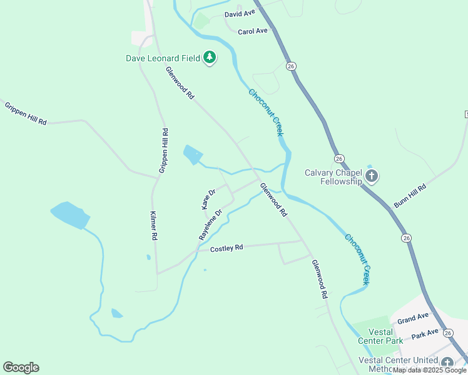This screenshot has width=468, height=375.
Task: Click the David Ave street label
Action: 240,13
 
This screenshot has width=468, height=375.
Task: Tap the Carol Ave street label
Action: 253,31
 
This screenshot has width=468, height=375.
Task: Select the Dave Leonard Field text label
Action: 163,58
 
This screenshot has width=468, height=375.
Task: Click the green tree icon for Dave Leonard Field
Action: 210,58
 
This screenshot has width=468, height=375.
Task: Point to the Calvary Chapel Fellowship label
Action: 333,177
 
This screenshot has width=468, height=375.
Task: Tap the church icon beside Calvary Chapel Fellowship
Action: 372,176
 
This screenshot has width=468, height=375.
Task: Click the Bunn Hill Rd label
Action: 410,196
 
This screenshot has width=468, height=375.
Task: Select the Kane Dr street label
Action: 208,199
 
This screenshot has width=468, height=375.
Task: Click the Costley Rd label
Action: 226,248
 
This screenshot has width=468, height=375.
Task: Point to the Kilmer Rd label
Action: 153,226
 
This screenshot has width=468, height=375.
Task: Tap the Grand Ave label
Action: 413,319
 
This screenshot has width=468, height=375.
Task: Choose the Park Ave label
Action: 425,335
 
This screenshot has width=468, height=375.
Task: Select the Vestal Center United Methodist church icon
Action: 447,362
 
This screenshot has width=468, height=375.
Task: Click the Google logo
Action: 21,367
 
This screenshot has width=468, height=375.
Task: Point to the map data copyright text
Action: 430,371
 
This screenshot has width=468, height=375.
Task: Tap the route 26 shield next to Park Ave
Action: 448,333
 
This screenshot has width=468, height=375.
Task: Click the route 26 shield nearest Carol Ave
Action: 290,65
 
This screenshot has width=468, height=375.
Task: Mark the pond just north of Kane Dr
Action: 193,154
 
